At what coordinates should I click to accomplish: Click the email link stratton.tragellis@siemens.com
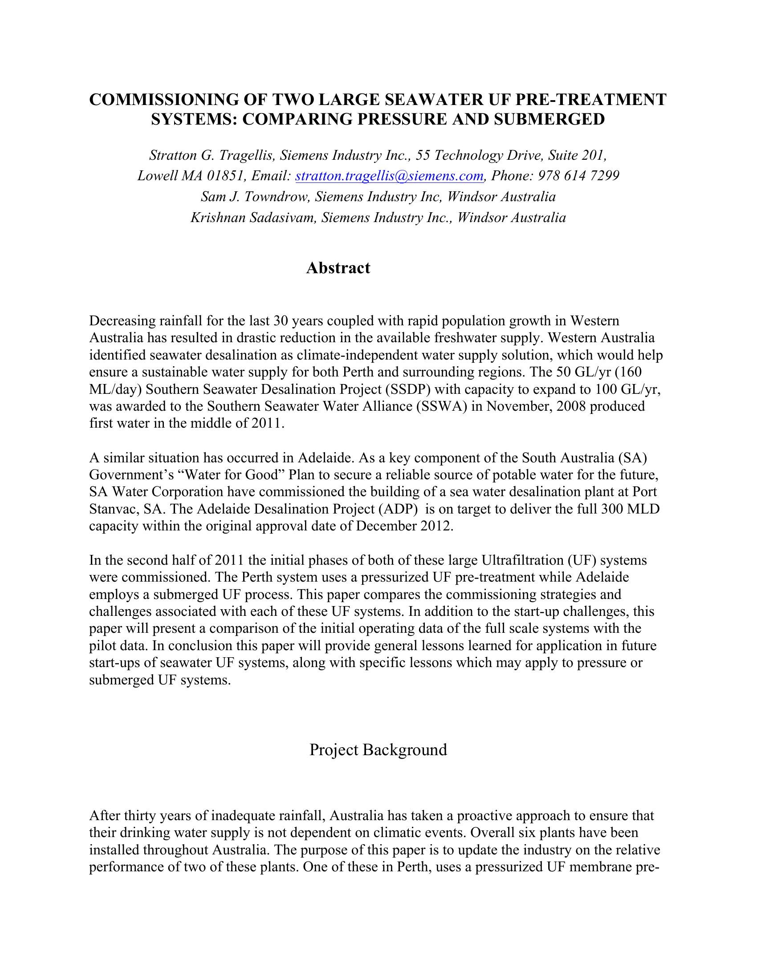click(389, 176)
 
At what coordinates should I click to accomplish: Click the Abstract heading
click(338, 268)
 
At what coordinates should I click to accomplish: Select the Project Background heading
click(378, 749)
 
